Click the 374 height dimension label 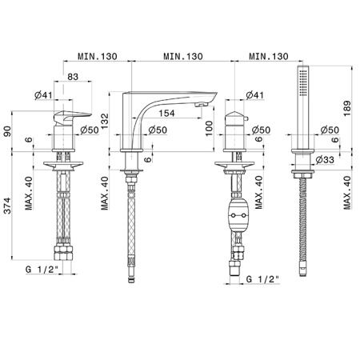(x=8, y=206)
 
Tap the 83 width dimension (x=73, y=77)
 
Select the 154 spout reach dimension (x=166, y=113)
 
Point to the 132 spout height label (x=105, y=122)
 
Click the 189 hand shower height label (x=347, y=108)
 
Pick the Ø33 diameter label (x=325, y=159)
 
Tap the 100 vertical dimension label (x=210, y=128)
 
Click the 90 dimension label (x=8, y=131)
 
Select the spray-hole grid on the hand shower (x=303, y=82)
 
